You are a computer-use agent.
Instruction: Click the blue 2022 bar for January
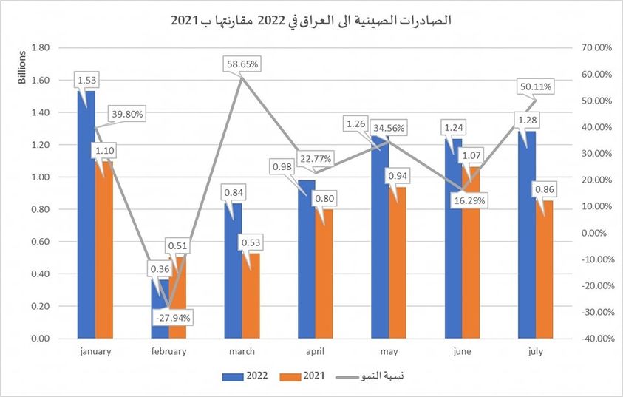pos(86,222)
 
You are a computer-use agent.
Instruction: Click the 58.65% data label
pos(242,64)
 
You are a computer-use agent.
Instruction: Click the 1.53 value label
pos(86,79)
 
